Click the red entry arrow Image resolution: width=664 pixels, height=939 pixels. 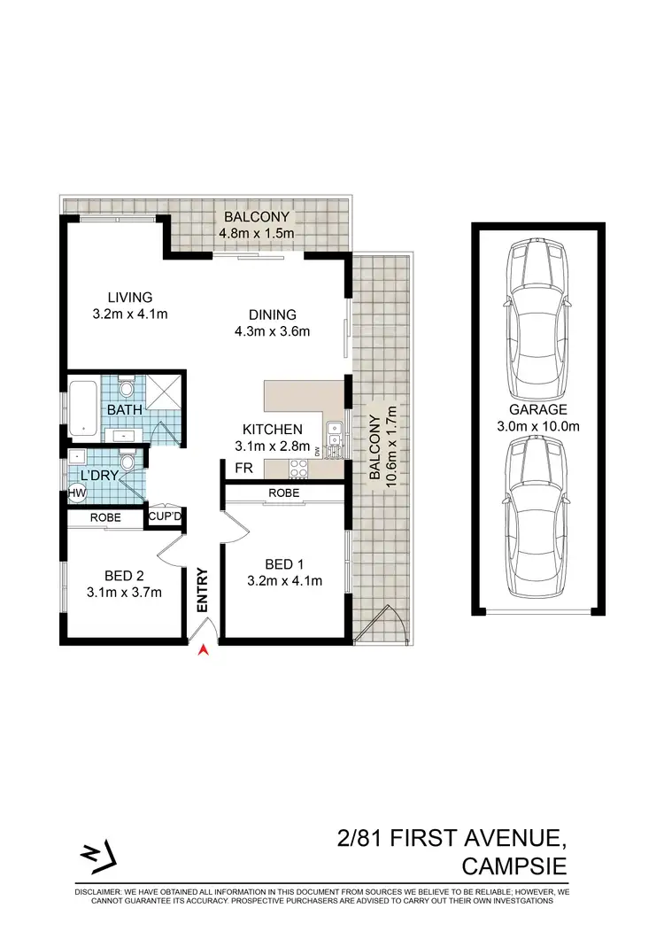tap(204, 651)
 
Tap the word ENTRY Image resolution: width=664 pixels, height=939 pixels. tap(203, 590)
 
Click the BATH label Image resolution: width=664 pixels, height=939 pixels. tap(121, 411)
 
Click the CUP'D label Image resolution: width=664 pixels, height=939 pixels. tap(166, 516)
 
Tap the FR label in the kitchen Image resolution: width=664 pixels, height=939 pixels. tap(242, 467)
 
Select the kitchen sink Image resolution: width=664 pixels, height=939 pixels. tap(334, 436)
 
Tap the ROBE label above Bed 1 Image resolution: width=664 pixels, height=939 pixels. tap(283, 493)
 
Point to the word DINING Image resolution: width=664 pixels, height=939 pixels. tap(272, 314)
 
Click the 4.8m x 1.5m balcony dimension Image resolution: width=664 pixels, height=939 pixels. tap(257, 233)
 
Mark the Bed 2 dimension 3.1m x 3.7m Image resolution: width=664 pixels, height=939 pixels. tap(125, 593)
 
